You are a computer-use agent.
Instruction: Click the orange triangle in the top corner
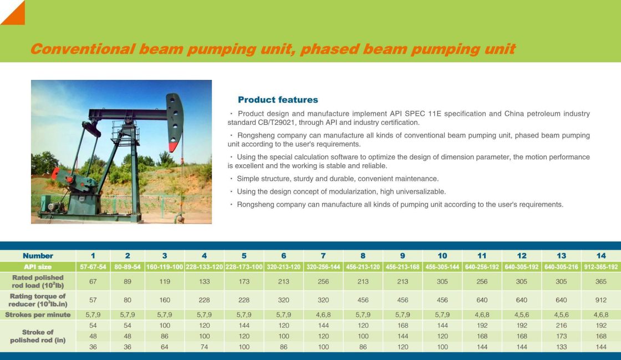(16, 15)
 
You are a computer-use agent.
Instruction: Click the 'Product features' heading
(278, 100)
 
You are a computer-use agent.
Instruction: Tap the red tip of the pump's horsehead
(172, 148)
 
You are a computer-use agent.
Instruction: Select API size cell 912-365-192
(601, 267)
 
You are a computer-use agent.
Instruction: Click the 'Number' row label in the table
(38, 256)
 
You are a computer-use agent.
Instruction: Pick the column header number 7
(323, 256)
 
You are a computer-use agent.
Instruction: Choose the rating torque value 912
(601, 300)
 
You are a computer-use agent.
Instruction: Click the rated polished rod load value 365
(601, 282)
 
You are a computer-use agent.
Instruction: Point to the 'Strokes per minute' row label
(38, 315)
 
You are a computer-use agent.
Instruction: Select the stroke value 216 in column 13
(561, 326)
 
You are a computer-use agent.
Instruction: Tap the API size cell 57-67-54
(93, 267)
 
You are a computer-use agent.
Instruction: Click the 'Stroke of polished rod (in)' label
(38, 336)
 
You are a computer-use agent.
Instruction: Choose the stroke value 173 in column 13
(561, 336)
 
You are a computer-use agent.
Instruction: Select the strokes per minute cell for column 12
(522, 315)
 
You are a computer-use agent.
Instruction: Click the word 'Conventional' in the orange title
(83, 49)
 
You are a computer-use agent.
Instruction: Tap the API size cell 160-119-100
(165, 267)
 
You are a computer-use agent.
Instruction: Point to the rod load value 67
(93, 282)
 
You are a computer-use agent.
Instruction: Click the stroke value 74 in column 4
(205, 347)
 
